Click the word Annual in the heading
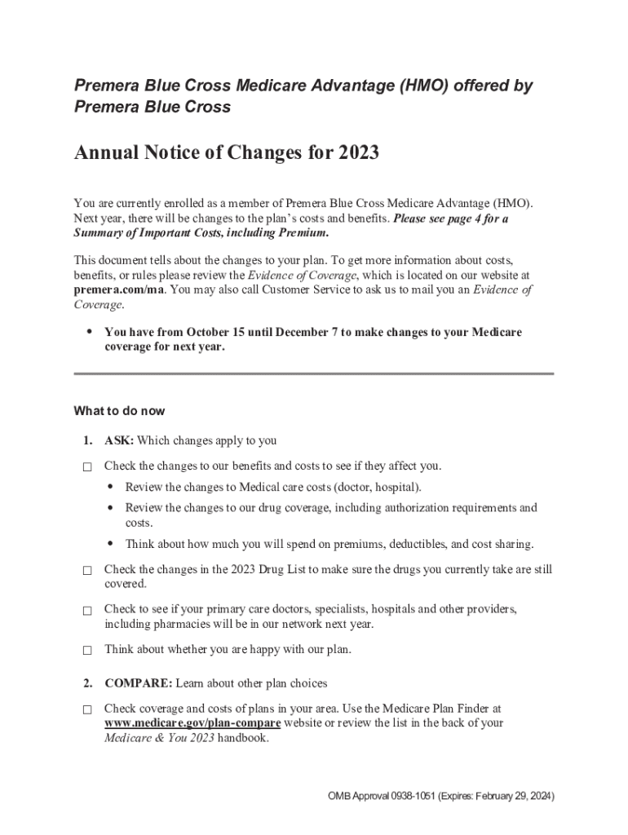point(104,152)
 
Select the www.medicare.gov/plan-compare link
point(192,723)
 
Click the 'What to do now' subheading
point(119,410)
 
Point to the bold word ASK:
point(119,441)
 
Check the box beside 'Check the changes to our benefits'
point(86,468)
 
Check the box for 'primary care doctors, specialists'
point(86,611)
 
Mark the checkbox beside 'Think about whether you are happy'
point(86,652)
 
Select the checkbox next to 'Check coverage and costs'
point(86,710)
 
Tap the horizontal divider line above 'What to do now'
point(314,373)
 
